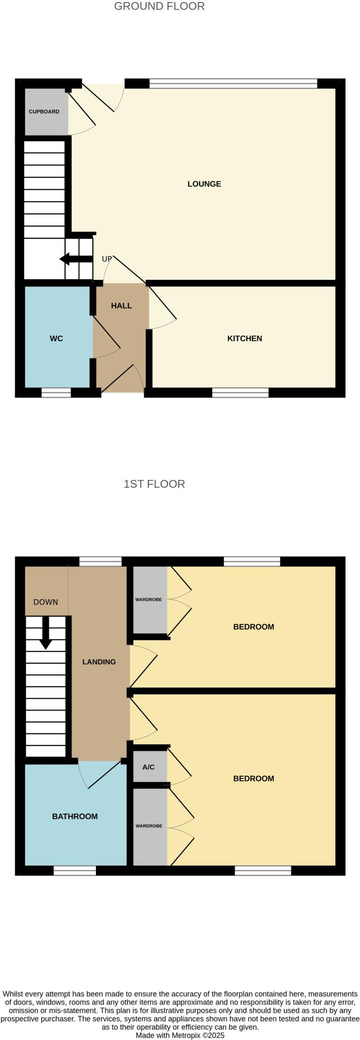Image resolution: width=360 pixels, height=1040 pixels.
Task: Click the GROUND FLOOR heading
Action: (x=159, y=7)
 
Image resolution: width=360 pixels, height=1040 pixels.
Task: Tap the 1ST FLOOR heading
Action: (x=154, y=484)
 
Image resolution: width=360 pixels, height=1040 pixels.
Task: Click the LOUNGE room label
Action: (x=204, y=184)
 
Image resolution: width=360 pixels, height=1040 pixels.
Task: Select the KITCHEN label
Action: (x=244, y=338)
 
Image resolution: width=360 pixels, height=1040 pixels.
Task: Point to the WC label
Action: (x=56, y=338)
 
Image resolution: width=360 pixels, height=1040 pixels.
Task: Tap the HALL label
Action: (x=121, y=306)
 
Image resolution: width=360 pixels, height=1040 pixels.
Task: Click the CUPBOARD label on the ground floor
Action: (x=44, y=112)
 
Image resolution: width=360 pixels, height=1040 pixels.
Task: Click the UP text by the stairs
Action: (x=107, y=259)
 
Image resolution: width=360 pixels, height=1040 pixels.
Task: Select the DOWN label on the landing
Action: (x=46, y=602)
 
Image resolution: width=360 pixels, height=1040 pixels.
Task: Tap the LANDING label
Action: (x=99, y=662)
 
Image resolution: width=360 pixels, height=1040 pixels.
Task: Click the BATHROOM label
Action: (x=75, y=817)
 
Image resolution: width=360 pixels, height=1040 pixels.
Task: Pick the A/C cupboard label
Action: (x=148, y=767)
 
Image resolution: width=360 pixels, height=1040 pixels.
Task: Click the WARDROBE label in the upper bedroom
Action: (x=148, y=600)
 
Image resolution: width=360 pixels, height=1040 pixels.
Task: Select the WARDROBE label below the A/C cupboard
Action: (x=149, y=826)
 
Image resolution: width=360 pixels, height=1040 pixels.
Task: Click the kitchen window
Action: (x=240, y=392)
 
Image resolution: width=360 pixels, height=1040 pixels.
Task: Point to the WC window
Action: (x=56, y=393)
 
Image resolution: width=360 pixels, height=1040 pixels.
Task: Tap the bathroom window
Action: (x=75, y=871)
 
